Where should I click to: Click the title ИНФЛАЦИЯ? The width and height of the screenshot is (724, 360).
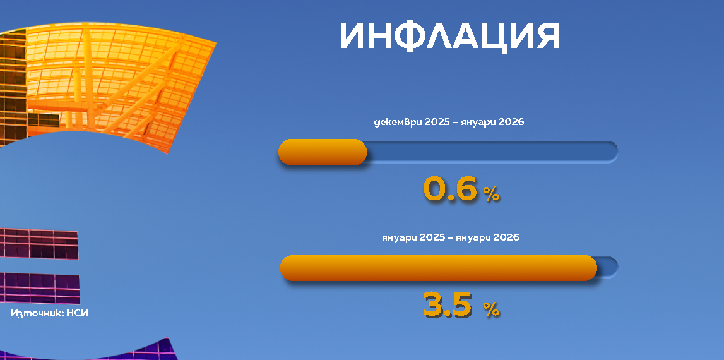pyautogui.click(x=449, y=36)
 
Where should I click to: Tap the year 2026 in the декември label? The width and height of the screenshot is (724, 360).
pyautogui.click(x=511, y=122)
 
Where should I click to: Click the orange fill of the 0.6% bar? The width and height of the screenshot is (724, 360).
pyautogui.click(x=323, y=152)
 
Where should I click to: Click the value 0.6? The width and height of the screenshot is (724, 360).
pyautogui.click(x=450, y=189)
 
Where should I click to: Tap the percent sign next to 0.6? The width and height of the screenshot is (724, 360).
pyautogui.click(x=491, y=195)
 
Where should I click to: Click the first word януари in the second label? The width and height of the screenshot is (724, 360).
pyautogui.click(x=400, y=237)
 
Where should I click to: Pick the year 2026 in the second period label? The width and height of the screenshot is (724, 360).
pyautogui.click(x=506, y=237)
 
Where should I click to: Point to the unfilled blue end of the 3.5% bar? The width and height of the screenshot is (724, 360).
pyautogui.click(x=607, y=267)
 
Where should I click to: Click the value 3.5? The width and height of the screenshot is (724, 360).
pyautogui.click(x=448, y=304)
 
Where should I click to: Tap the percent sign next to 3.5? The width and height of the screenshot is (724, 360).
pyautogui.click(x=491, y=309)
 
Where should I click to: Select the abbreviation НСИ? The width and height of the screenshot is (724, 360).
pyautogui.click(x=77, y=313)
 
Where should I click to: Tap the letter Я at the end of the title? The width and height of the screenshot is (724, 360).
pyautogui.click(x=545, y=36)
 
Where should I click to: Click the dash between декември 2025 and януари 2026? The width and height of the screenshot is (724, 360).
pyautogui.click(x=460, y=122)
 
